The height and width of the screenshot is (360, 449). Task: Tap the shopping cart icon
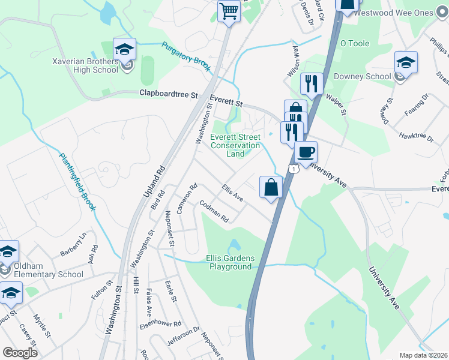coord(229,11)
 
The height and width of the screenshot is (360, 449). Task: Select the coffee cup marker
coord(306,153)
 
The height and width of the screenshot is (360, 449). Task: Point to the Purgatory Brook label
coord(186,56)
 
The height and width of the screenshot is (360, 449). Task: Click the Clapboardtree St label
coord(168,94)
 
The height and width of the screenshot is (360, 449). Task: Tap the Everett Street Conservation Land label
coord(235,145)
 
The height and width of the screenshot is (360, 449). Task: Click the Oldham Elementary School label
coord(45,271)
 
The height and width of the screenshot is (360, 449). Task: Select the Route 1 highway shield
coord(292,169)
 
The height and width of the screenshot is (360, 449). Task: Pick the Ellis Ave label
coord(232,193)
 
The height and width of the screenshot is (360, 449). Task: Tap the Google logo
coord(20,353)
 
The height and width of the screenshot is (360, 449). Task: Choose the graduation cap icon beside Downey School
coord(406,63)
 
